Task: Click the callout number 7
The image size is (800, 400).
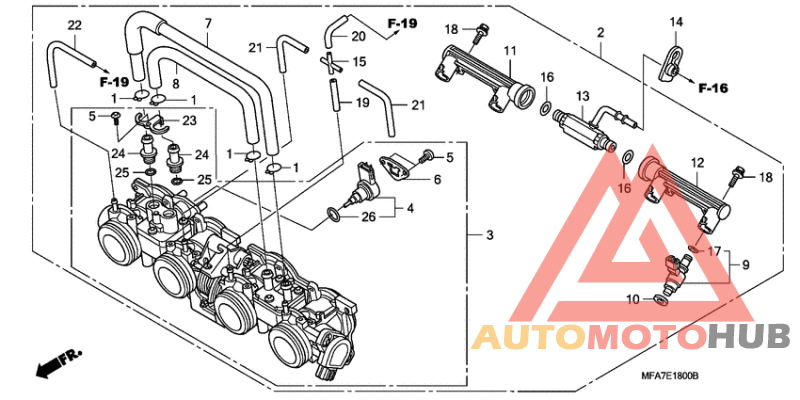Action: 208,23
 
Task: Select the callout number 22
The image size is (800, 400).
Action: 74,26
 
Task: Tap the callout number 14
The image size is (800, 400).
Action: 676,22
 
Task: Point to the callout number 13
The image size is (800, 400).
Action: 583,96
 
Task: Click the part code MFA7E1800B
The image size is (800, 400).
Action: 669,376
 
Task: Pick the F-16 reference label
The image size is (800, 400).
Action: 713,88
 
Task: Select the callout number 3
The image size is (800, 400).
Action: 490,235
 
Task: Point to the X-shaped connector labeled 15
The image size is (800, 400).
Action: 331,61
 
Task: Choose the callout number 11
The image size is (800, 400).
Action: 511,51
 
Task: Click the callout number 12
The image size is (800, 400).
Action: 697,163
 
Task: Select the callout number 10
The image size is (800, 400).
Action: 633,299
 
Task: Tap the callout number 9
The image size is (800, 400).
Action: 745,265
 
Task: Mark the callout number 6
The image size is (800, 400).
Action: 438,180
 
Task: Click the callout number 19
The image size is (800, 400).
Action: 362,103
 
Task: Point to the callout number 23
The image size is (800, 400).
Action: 189,121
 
